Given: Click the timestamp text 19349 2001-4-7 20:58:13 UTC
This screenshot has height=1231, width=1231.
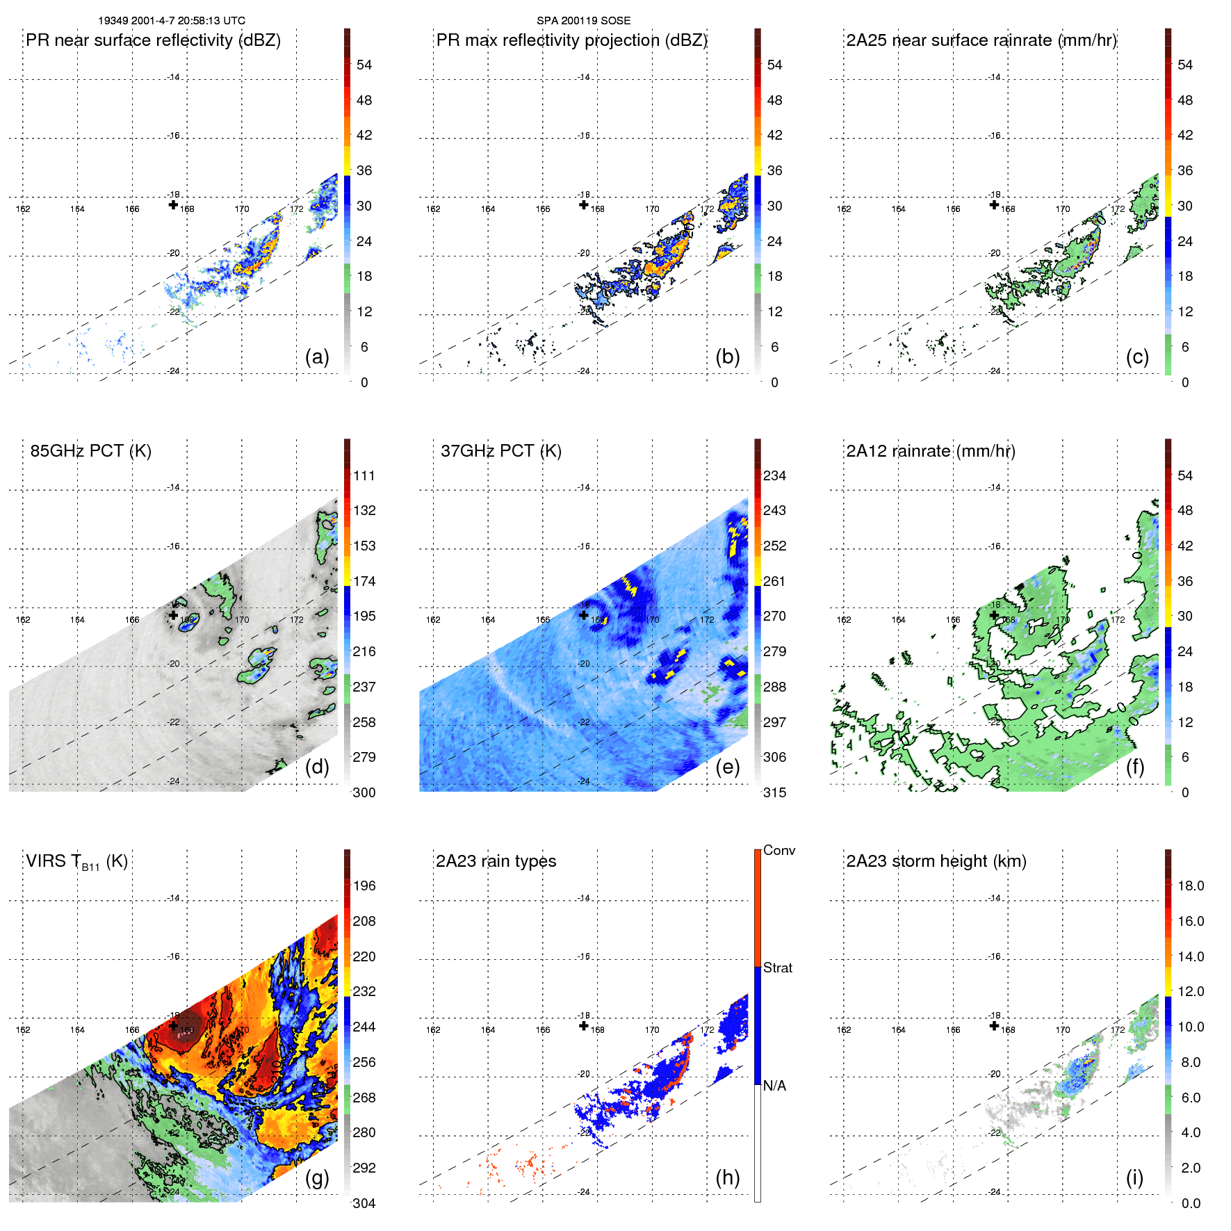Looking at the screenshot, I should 171,21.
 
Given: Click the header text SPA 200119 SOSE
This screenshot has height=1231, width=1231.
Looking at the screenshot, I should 583,21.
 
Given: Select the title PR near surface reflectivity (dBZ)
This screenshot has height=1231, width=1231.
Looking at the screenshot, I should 153,40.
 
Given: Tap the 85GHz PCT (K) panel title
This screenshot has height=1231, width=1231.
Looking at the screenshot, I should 90,451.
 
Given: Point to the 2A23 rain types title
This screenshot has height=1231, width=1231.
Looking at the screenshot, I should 496,861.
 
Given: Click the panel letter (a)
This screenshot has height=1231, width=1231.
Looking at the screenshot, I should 317,357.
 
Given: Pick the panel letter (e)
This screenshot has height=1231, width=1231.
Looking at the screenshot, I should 728,767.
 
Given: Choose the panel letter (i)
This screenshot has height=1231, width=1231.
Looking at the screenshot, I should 1134,1177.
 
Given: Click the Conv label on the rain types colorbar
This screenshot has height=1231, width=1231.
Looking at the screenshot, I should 779,850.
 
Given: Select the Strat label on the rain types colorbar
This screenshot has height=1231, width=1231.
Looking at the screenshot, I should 778,968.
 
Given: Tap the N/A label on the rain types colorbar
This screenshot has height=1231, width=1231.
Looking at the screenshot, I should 774,1086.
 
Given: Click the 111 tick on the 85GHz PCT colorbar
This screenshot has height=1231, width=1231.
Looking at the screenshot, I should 364,475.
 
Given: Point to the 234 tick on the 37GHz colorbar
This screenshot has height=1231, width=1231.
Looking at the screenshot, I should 774,475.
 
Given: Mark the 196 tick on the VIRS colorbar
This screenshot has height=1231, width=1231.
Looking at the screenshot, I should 364,886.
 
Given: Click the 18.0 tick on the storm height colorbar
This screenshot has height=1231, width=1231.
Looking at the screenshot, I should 1191,886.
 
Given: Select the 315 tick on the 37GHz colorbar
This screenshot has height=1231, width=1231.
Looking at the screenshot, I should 774,792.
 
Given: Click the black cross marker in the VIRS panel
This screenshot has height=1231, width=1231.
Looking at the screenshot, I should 173,1025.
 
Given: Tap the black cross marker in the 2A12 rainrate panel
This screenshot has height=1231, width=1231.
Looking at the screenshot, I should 994,614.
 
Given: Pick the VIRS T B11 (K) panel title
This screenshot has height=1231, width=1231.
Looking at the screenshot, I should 76,862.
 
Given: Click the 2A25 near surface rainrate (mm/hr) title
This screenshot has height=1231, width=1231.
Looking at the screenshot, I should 981,40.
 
